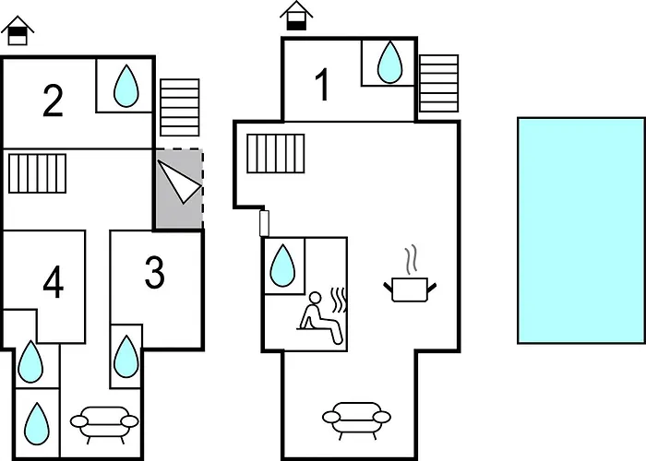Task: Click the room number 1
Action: [x=323, y=85]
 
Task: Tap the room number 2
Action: [x=53, y=100]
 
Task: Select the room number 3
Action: [x=155, y=272]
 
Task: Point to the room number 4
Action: [x=54, y=281]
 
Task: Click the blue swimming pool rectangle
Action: [x=580, y=230]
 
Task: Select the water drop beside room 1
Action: [x=389, y=62]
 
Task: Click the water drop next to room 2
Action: [x=126, y=86]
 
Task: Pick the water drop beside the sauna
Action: [x=282, y=266]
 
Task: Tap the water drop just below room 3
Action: [x=126, y=357]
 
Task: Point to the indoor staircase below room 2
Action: [x=38, y=173]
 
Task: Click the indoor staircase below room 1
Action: [x=276, y=153]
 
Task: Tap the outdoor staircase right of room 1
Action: [x=438, y=83]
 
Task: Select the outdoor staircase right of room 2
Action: [x=180, y=108]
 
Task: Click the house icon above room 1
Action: [x=296, y=16]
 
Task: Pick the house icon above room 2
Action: [x=18, y=30]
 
